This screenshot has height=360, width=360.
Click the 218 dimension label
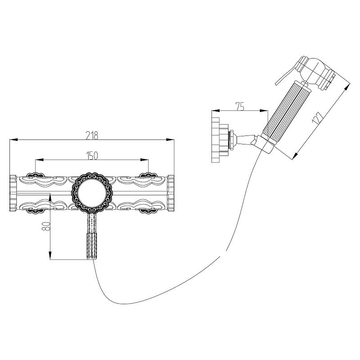(92, 135)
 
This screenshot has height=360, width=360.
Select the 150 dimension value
(92, 156)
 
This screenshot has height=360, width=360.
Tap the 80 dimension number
(46, 226)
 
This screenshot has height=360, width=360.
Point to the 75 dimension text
(240, 107)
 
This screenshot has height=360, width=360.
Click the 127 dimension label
(318, 118)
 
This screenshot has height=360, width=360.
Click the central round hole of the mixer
(92, 193)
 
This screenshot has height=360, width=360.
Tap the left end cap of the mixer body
(13, 193)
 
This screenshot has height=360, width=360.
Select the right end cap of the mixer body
(171, 193)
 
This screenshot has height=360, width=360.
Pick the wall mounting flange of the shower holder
(216, 140)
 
